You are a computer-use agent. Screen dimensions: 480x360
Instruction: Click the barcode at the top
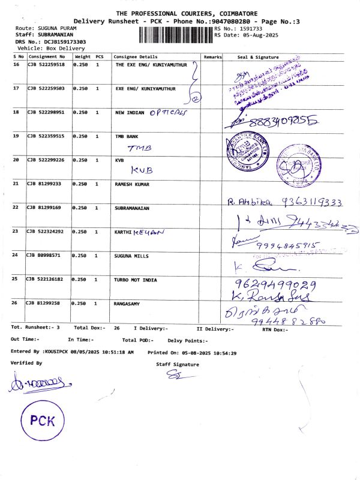click(175, 33)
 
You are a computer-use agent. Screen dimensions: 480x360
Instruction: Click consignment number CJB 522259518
click(47, 64)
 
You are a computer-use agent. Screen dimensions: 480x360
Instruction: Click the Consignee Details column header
click(134, 56)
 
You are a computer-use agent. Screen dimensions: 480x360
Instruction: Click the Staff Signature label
click(178, 364)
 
